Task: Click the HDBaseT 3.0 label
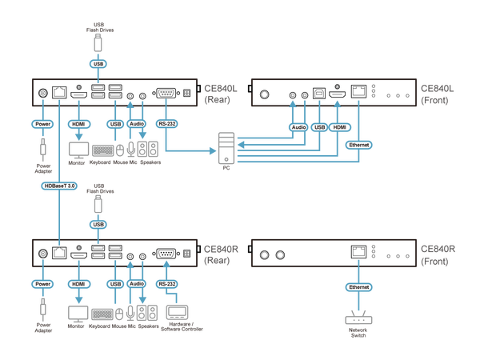pos(60,186)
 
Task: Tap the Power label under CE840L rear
pos(42,125)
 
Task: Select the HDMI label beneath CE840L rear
pos(78,125)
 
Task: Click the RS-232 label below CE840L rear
pos(166,125)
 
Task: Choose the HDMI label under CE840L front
pos(340,126)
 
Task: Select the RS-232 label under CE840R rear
pos(166,283)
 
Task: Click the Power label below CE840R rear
pos(42,283)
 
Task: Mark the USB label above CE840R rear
pos(98,223)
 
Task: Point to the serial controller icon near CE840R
pos(176,310)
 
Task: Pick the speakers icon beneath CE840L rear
pos(146,149)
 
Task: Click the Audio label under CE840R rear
pos(137,283)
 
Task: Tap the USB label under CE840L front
pos(320,126)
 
